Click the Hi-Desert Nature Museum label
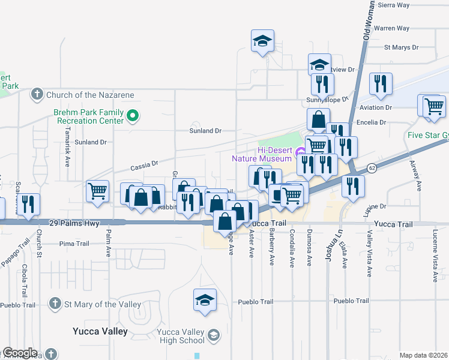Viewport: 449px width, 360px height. (x=262, y=154)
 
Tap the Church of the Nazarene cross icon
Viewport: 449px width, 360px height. (x=37, y=94)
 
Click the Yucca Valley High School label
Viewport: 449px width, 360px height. (x=181, y=337)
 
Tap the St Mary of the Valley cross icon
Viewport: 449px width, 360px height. (x=56, y=304)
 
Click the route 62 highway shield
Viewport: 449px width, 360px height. (x=372, y=167)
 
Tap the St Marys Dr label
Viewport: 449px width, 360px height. (x=403, y=46)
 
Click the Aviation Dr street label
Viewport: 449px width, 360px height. (x=375, y=107)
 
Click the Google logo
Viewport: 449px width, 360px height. (x=20, y=353)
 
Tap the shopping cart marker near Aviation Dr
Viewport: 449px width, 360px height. (x=433, y=106)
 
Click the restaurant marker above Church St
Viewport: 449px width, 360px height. (x=28, y=204)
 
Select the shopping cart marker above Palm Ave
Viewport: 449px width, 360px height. (x=97, y=191)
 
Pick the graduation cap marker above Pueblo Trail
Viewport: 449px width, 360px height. (x=205, y=299)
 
